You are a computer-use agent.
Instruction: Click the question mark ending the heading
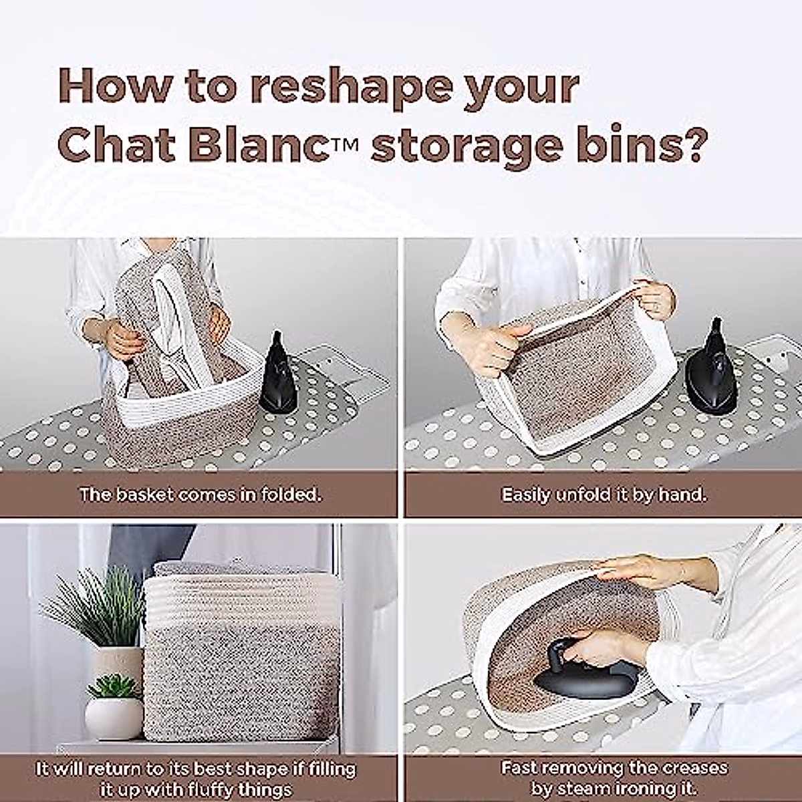point(689,146)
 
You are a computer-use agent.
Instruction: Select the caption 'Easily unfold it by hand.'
point(604,495)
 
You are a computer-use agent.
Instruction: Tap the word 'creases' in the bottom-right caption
point(688,768)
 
